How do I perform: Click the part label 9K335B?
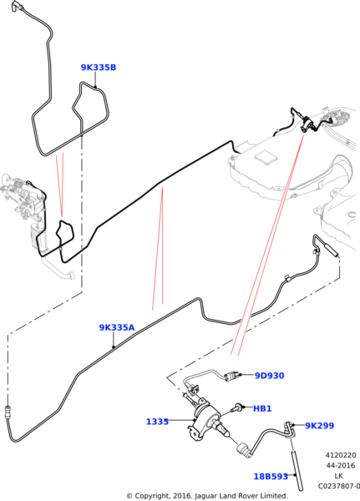click(x=99, y=68)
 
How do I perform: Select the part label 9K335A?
click(x=117, y=327)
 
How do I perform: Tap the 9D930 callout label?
click(x=269, y=376)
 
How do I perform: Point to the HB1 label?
click(x=262, y=408)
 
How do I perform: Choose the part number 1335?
click(x=157, y=422)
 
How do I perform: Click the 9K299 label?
click(x=319, y=426)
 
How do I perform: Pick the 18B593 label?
click(x=271, y=477)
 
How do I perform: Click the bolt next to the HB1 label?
click(x=237, y=407)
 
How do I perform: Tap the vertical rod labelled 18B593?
click(x=297, y=469)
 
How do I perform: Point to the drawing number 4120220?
click(x=341, y=455)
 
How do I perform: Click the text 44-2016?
click(x=341, y=466)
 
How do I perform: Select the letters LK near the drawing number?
click(x=339, y=476)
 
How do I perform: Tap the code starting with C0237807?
click(x=339, y=486)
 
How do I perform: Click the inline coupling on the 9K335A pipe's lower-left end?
click(x=8, y=412)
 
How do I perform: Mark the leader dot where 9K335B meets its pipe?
click(x=95, y=87)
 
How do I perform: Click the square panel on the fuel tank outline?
click(x=266, y=157)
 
